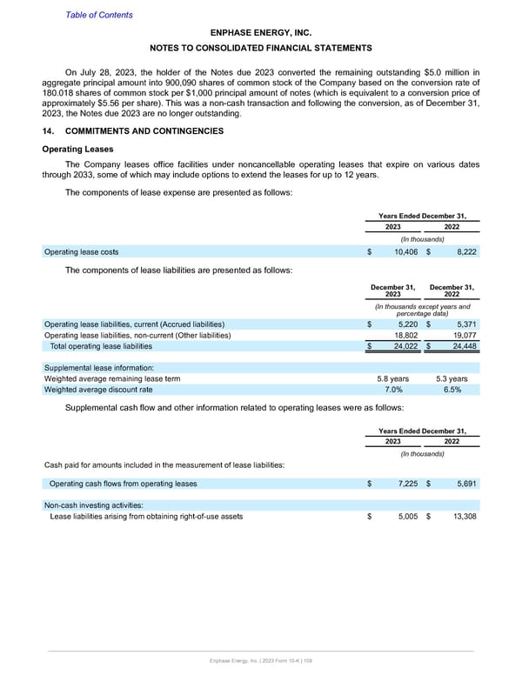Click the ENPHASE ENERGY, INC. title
[x=261, y=30]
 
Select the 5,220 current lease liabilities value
[x=405, y=324]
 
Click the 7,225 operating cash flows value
[x=405, y=483]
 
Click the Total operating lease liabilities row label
[x=113, y=347]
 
